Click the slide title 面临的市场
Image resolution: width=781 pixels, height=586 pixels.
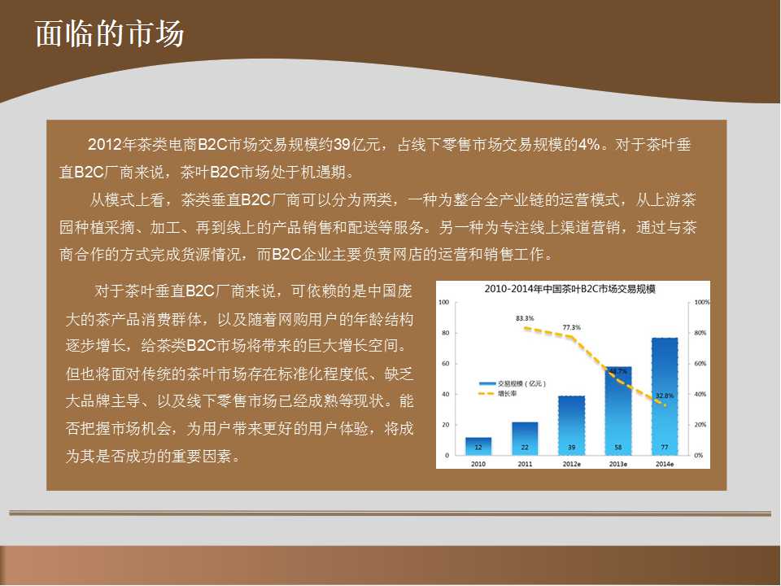tap(110, 34)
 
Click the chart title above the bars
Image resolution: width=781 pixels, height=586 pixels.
tap(569, 289)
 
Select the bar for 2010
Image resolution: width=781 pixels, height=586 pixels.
tap(478, 446)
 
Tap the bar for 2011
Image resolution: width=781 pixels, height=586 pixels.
tap(525, 439)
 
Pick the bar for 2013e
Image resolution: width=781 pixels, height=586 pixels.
tap(618, 410)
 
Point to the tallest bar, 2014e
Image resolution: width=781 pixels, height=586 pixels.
tap(665, 396)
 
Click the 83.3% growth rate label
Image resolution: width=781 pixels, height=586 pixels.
tap(525, 318)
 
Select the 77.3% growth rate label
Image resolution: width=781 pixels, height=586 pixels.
tap(571, 327)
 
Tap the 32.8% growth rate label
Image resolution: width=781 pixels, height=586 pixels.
tap(665, 396)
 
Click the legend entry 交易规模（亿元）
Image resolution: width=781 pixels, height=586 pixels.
tap(513, 383)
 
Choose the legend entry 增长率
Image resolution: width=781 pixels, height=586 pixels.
tap(497, 394)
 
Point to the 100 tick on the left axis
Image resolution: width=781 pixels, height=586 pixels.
tap(443, 302)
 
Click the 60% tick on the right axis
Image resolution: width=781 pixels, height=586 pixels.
tap(700, 364)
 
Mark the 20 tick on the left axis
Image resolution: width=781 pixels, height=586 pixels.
tap(445, 425)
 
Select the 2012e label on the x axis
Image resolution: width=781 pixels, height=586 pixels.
tap(571, 464)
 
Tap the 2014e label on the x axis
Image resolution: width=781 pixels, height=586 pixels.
tap(665, 464)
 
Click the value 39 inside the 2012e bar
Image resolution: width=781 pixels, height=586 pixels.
tap(571, 448)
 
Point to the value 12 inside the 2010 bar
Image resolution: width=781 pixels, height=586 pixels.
tap(478, 448)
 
